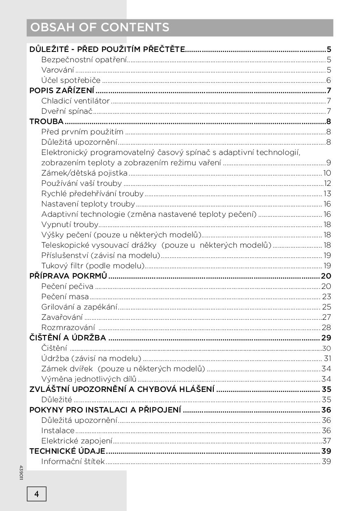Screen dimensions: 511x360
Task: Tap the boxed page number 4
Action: [x=37, y=494]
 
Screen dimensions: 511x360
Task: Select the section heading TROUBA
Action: [x=47, y=122]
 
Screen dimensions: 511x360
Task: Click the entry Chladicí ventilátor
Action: [x=75, y=101]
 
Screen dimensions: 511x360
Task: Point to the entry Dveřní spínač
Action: [x=67, y=111]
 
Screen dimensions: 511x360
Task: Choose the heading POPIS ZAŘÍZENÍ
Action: [x=62, y=91]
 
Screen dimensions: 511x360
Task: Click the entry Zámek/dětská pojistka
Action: [x=84, y=173]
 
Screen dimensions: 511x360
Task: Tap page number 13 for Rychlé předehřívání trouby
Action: [x=327, y=194]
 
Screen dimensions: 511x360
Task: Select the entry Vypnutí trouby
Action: [x=70, y=225]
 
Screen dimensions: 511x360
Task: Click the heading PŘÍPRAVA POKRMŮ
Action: [x=68, y=276]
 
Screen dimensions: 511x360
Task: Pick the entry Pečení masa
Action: [x=65, y=297]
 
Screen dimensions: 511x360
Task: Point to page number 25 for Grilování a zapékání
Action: [x=327, y=307]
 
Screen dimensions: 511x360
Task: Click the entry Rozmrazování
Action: [x=68, y=328]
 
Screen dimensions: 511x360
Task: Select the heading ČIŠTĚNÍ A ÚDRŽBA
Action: [x=68, y=338]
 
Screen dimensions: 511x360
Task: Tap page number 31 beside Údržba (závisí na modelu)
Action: [x=327, y=359]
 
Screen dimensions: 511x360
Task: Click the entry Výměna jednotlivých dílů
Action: [x=89, y=379]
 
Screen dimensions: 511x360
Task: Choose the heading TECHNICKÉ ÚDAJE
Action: [x=67, y=451]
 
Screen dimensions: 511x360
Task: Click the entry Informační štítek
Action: [x=73, y=462]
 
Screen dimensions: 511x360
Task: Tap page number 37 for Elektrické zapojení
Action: [x=327, y=441]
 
